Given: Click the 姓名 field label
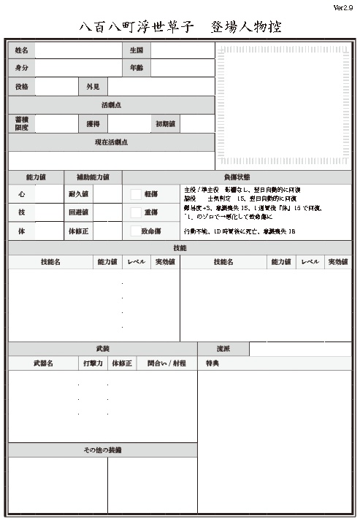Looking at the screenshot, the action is click(21, 50).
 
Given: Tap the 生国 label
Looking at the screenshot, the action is click(136, 50).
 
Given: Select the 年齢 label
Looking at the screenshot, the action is click(136, 68).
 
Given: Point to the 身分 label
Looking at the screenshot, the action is click(21, 68).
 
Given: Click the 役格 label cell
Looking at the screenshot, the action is click(21, 87).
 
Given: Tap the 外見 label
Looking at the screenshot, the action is click(93, 87).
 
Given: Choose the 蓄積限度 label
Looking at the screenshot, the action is click(21, 123).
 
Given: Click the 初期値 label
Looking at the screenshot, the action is click(165, 124).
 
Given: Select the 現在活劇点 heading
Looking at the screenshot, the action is click(111, 142).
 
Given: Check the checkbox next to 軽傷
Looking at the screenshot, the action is click(136, 194).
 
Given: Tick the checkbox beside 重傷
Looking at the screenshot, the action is click(136, 212).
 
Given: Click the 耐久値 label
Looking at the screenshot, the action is click(78, 194).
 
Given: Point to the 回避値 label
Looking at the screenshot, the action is click(78, 212).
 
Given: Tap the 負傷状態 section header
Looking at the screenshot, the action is click(237, 177).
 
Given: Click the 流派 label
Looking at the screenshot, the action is click(223, 349).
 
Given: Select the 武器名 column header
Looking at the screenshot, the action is click(43, 363).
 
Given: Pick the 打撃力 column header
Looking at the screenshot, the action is click(93, 363).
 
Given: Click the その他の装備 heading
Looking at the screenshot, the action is click(102, 450).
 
